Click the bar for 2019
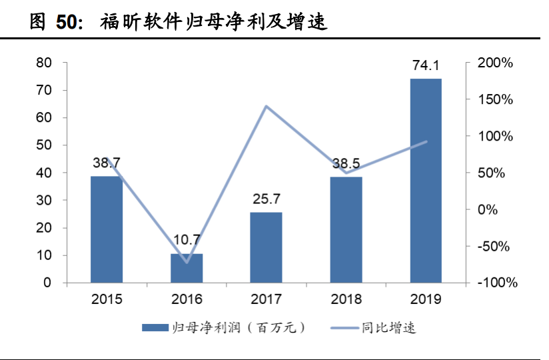click(x=426, y=181)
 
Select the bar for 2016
click(x=187, y=268)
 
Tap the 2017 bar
click(x=266, y=247)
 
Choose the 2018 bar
click(x=346, y=229)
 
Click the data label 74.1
click(x=426, y=67)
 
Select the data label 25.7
click(x=266, y=199)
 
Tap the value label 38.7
click(x=107, y=163)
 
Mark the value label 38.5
click(x=346, y=163)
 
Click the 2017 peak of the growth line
click(x=266, y=106)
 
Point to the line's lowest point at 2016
click(x=187, y=262)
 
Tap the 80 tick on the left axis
click(x=44, y=63)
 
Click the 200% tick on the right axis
click(x=496, y=63)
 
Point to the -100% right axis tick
click(x=496, y=283)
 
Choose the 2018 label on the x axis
click(x=346, y=299)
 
